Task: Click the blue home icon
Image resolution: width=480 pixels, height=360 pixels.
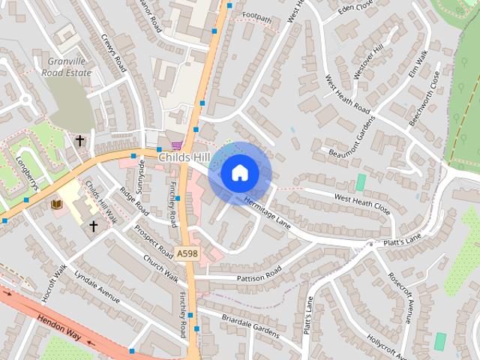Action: coord(240,173)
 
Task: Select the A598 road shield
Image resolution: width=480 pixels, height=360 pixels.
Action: coord(187,255)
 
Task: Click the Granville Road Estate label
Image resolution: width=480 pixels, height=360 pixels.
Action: coord(69,67)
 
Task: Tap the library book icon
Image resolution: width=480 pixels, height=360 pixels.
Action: coord(56,203)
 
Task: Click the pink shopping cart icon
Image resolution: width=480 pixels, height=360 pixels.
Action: coord(176,145)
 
